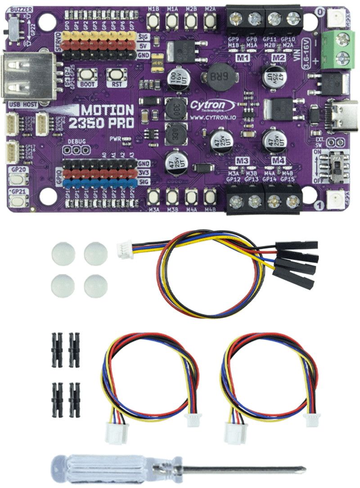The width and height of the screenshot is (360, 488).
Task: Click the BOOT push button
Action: click(x=84, y=75)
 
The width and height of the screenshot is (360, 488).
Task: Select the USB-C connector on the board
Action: click(x=343, y=114)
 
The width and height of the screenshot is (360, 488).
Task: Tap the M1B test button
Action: click(x=153, y=20)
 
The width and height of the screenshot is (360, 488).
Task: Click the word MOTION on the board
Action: click(x=108, y=110)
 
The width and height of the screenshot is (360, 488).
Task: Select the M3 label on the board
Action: click(x=243, y=161)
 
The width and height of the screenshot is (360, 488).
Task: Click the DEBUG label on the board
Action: click(x=76, y=142)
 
